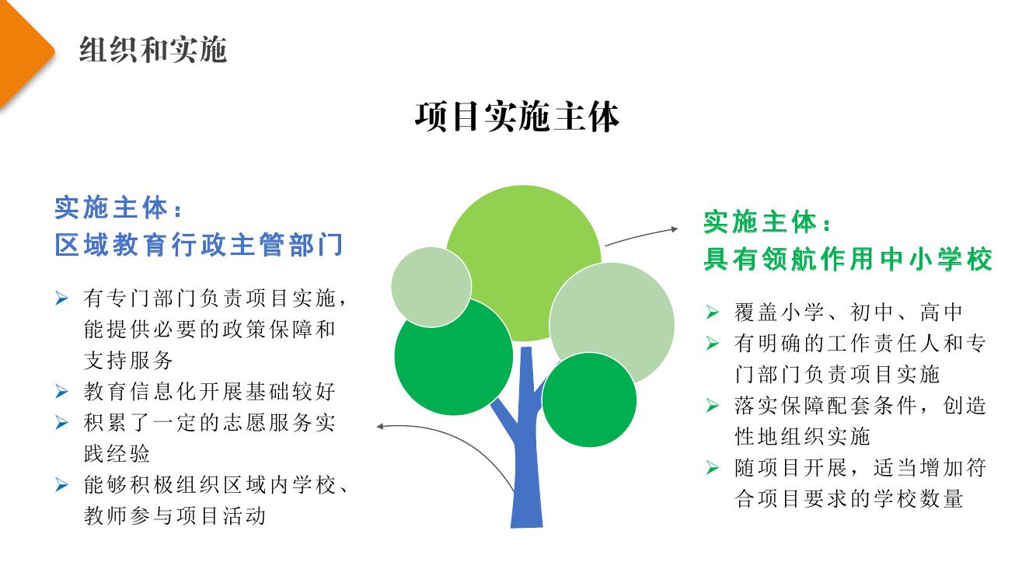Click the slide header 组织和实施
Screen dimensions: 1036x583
(x=153, y=50)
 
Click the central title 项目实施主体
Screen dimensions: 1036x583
(x=517, y=117)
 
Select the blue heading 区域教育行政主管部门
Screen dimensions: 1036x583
(x=199, y=244)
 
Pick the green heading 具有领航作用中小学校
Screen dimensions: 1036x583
(x=848, y=259)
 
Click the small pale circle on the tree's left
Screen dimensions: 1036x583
(x=431, y=288)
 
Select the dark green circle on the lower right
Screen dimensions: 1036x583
(x=589, y=400)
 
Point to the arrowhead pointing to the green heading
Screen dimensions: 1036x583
(x=675, y=229)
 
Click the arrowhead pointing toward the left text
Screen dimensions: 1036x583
(x=380, y=427)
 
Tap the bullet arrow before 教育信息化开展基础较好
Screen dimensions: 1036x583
(x=61, y=392)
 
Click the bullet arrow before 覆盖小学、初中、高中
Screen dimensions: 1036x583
(x=713, y=312)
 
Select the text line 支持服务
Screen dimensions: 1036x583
(x=128, y=361)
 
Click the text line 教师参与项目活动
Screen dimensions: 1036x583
(x=174, y=516)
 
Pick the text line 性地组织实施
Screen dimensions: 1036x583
(x=802, y=436)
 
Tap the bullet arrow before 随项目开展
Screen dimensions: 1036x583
(x=713, y=468)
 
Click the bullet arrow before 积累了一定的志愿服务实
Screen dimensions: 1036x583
(x=61, y=422)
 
